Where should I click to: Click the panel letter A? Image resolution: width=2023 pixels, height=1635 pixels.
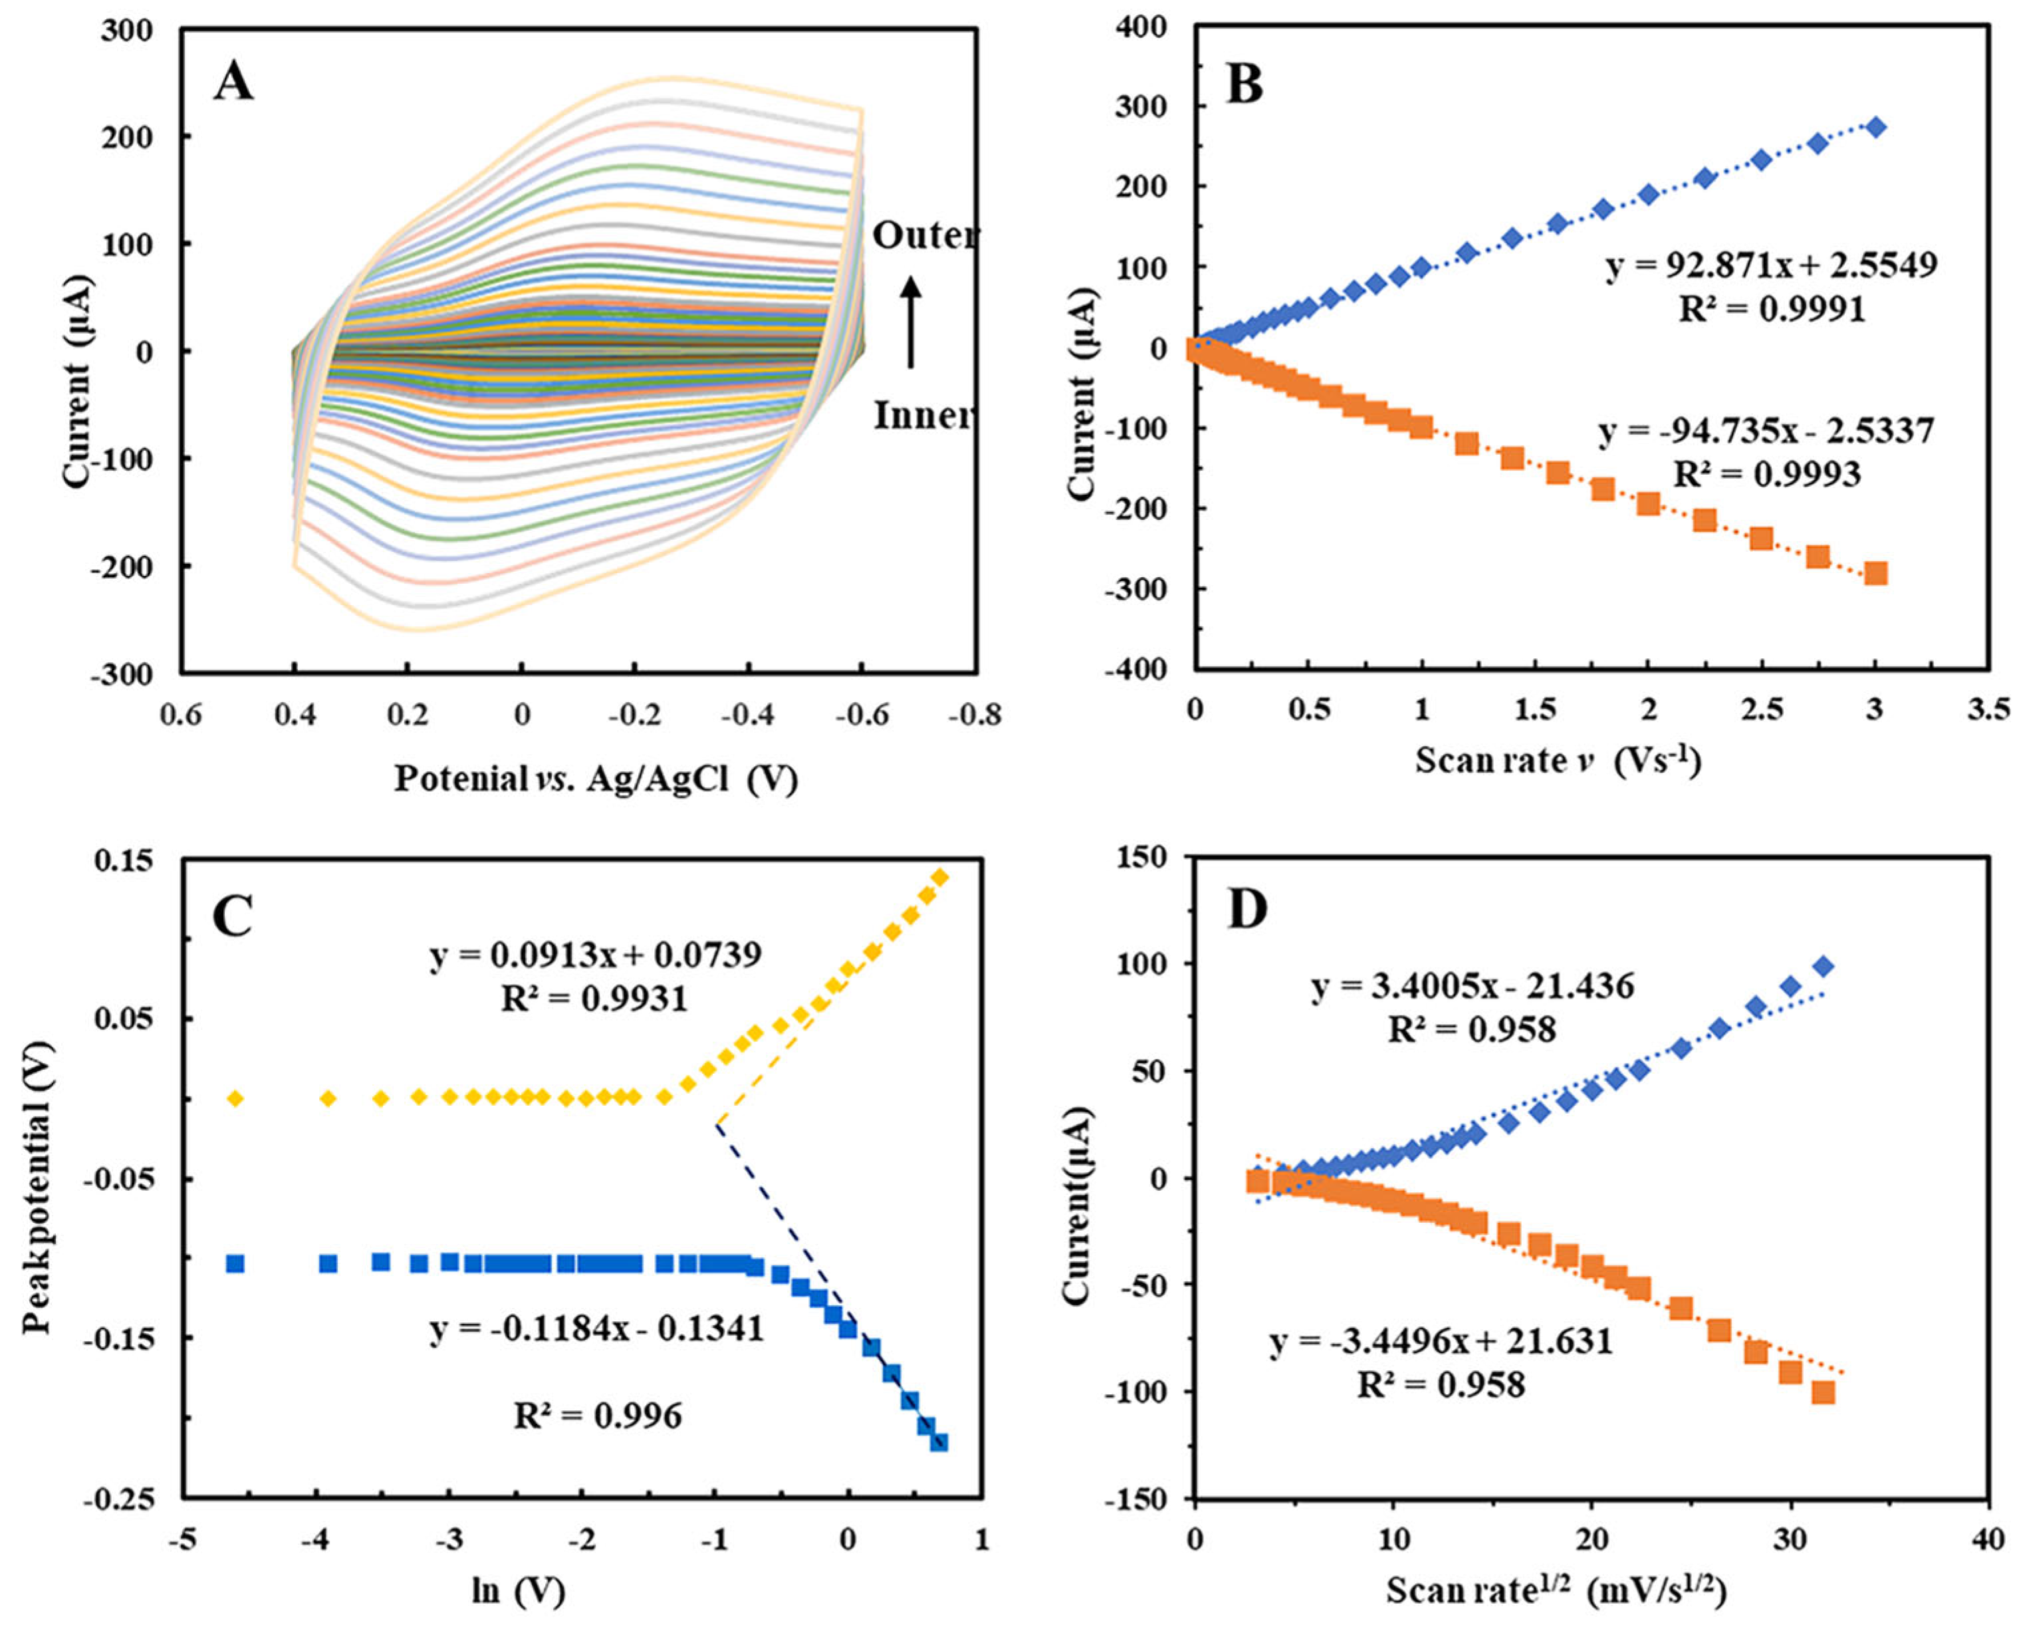[233, 82]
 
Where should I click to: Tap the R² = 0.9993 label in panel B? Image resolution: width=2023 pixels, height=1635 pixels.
[1767, 473]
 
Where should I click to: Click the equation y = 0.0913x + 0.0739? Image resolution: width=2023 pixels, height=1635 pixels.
[596, 955]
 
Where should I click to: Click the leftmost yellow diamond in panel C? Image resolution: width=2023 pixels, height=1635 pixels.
[235, 1098]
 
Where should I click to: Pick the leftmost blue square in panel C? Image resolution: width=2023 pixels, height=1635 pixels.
[235, 1263]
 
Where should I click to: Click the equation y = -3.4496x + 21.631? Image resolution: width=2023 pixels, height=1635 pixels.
[1441, 1340]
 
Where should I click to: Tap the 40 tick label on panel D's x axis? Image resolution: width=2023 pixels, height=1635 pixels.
[1987, 1540]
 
